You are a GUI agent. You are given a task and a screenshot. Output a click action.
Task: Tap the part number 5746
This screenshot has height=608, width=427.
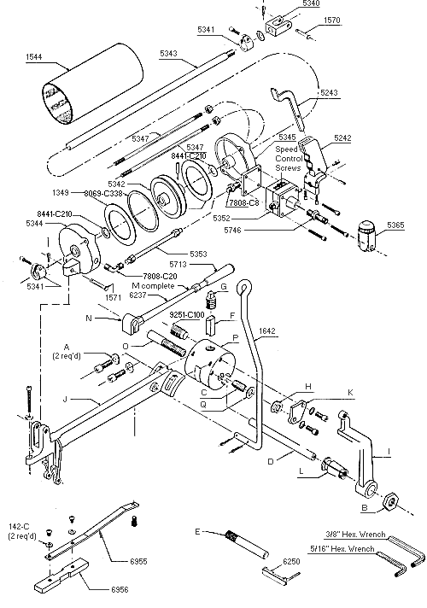tap(284, 229)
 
